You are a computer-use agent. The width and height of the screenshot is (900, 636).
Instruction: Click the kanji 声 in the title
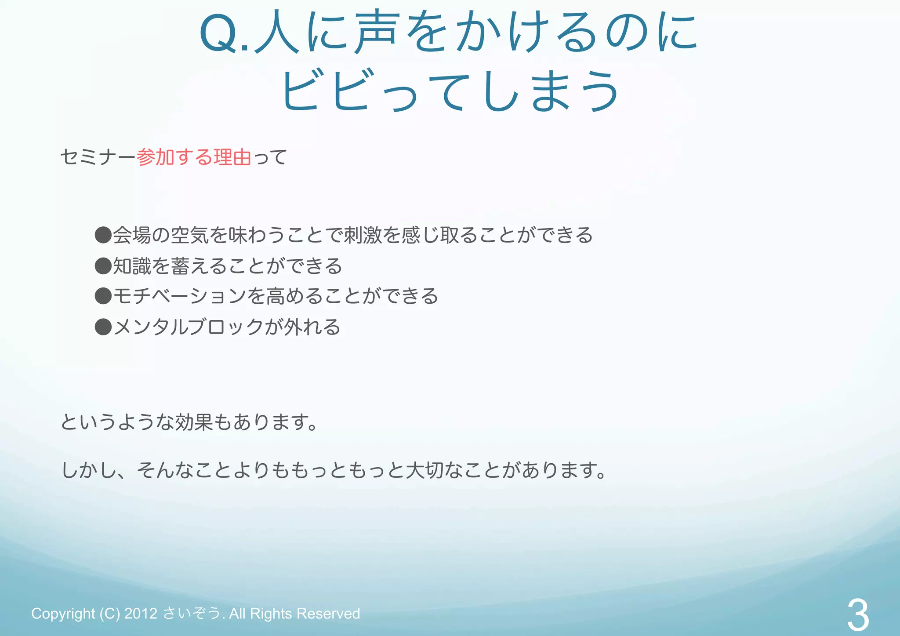(x=377, y=32)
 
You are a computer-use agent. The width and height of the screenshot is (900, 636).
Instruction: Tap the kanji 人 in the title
(x=277, y=33)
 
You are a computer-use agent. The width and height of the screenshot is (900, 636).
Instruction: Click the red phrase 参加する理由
(x=194, y=157)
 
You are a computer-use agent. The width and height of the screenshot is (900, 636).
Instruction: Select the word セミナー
(x=98, y=157)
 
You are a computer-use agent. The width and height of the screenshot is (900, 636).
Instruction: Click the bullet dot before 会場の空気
(x=103, y=235)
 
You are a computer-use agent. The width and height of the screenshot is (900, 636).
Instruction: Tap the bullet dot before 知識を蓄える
(x=103, y=265)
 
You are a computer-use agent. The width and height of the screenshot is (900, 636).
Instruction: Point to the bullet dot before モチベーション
(x=103, y=296)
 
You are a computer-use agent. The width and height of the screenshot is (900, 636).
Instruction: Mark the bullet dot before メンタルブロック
(x=103, y=327)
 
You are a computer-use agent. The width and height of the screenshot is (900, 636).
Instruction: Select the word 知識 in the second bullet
(x=132, y=265)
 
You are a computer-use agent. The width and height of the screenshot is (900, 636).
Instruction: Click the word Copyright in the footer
(x=63, y=613)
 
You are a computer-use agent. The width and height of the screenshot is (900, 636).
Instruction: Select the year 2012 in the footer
(x=141, y=613)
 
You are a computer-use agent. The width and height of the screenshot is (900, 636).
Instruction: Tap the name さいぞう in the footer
(x=192, y=613)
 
